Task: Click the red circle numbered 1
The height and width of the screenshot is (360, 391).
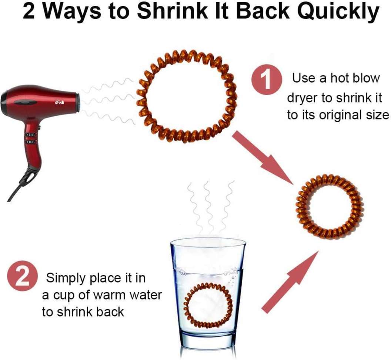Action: (267, 79)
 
